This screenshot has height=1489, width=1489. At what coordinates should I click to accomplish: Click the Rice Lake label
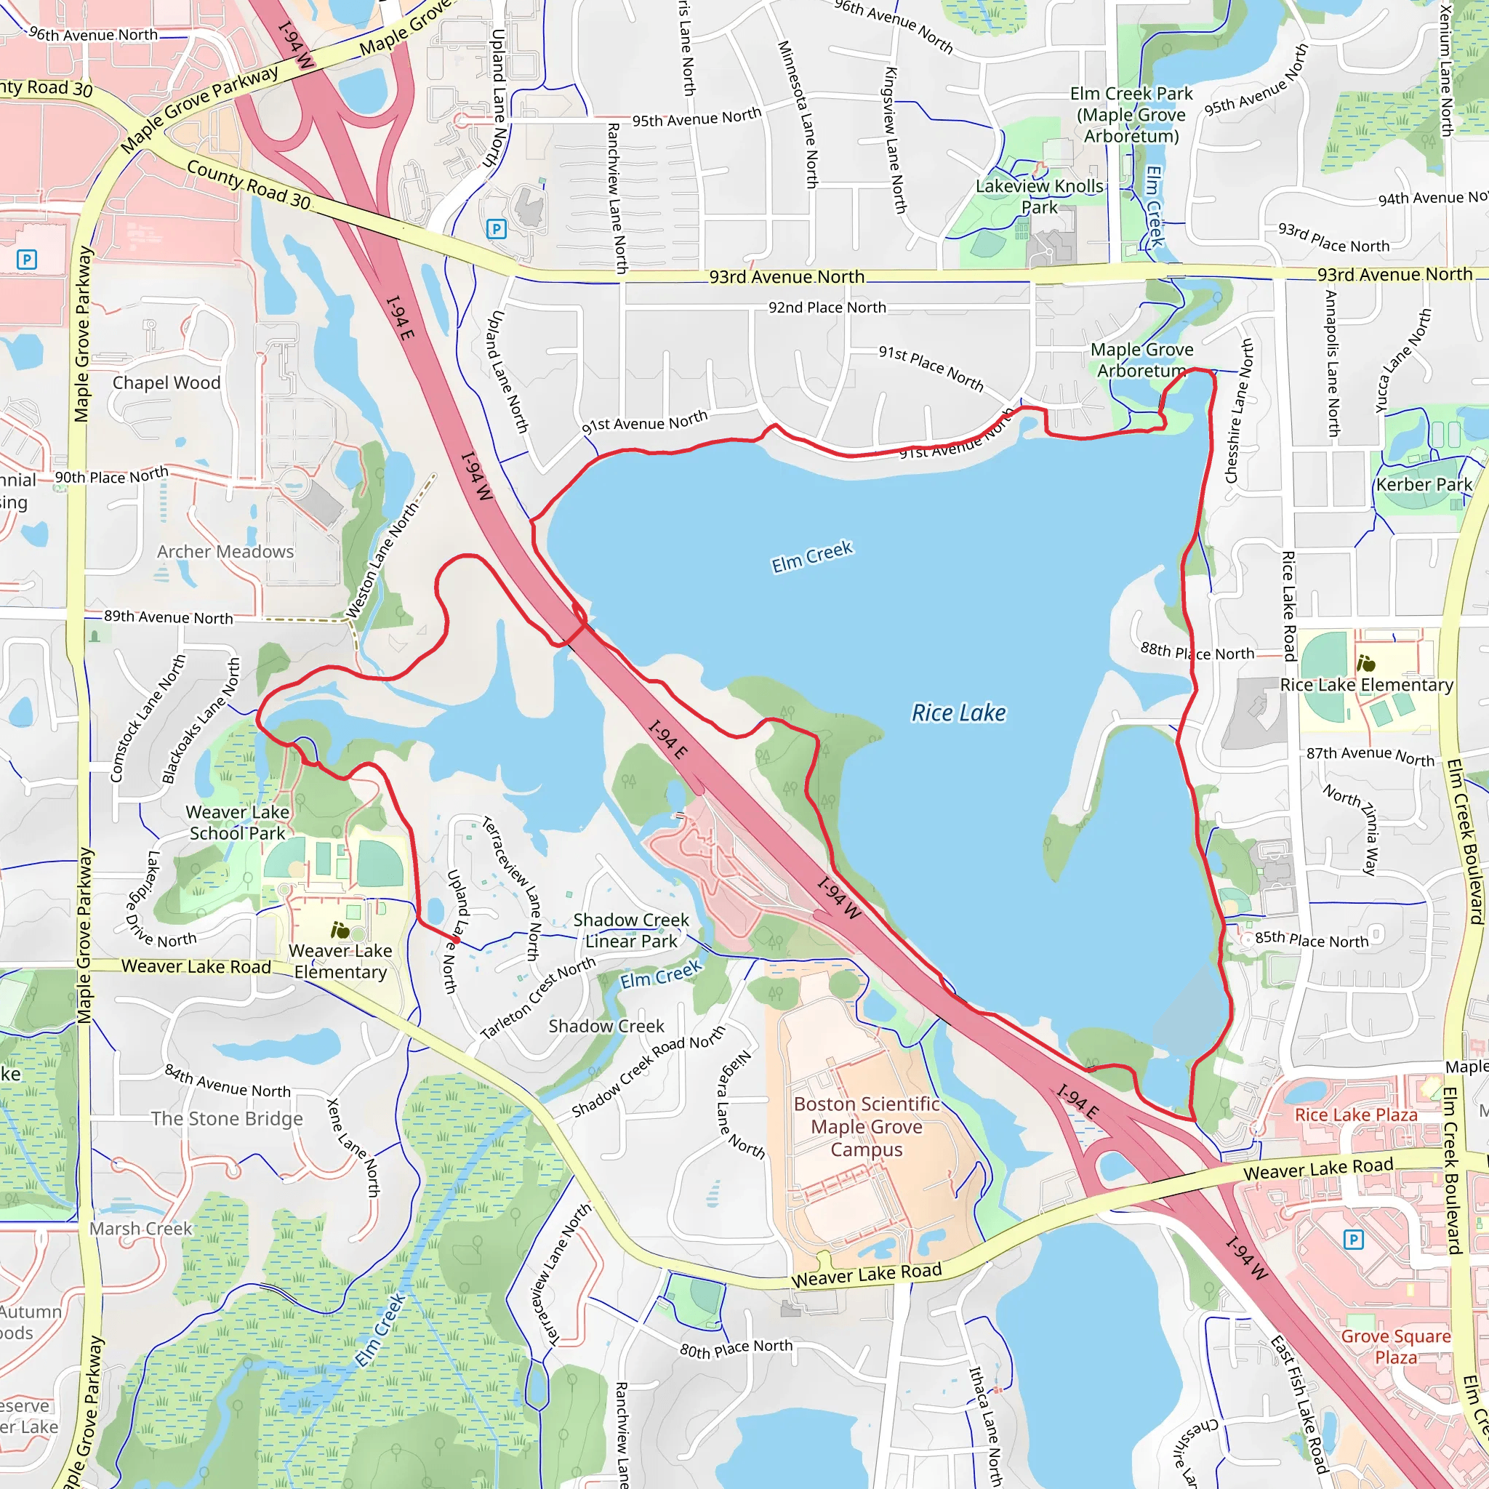pyautogui.click(x=958, y=713)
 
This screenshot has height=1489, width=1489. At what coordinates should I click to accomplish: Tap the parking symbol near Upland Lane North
pyautogui.click(x=497, y=229)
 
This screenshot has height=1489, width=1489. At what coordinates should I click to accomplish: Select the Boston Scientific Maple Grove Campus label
pyautogui.click(x=866, y=1126)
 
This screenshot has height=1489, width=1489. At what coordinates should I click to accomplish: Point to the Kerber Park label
pyautogui.click(x=1424, y=484)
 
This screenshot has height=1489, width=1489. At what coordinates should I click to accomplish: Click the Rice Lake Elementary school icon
pyautogui.click(x=1365, y=663)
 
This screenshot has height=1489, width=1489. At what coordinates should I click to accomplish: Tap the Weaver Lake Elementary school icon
pyautogui.click(x=339, y=930)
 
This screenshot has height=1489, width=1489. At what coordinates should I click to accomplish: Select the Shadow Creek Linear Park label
pyautogui.click(x=630, y=930)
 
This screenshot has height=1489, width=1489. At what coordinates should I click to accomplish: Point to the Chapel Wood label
pyautogui.click(x=166, y=383)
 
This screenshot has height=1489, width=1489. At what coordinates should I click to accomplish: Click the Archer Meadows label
pyautogui.click(x=225, y=552)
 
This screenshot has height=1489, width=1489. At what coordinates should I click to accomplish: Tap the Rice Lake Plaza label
pyautogui.click(x=1356, y=1115)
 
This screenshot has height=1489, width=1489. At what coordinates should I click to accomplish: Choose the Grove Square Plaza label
pyautogui.click(x=1396, y=1346)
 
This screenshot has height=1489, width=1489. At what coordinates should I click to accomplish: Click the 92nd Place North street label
pyautogui.click(x=827, y=308)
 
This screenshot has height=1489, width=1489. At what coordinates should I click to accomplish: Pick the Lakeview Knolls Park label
pyautogui.click(x=1039, y=196)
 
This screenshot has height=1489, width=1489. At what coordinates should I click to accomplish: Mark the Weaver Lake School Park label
pyautogui.click(x=237, y=822)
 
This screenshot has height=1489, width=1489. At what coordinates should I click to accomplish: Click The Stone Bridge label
pyautogui.click(x=227, y=1118)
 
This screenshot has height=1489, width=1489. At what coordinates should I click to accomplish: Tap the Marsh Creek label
pyautogui.click(x=140, y=1229)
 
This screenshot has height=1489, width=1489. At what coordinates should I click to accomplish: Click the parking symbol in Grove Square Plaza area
pyautogui.click(x=1352, y=1240)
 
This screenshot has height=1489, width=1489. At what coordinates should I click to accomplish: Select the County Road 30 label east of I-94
pyautogui.click(x=248, y=185)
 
